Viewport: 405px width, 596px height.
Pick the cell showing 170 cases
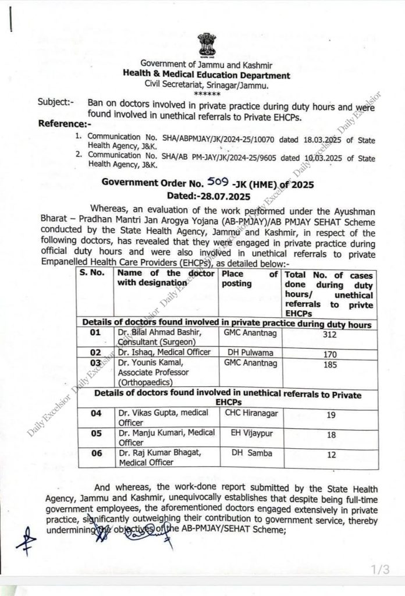coord(328,353)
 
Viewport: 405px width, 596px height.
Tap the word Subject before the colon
coord(53,102)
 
